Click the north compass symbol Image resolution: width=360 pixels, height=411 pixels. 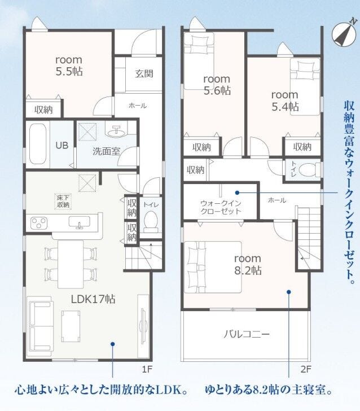(x=344, y=33)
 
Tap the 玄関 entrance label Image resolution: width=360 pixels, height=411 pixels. (x=144, y=73)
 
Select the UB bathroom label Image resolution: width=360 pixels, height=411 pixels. (x=62, y=145)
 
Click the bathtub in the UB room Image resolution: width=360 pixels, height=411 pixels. (x=38, y=143)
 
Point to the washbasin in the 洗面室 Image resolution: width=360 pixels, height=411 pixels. (x=116, y=131)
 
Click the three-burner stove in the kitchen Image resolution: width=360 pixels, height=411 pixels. (x=39, y=224)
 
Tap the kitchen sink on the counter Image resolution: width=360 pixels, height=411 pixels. (x=79, y=222)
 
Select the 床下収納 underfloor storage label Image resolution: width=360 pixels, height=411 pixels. (x=63, y=201)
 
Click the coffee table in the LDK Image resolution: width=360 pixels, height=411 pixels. (x=71, y=326)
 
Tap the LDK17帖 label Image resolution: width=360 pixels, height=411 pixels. (x=93, y=299)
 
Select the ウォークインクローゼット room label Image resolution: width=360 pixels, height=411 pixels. (x=221, y=207)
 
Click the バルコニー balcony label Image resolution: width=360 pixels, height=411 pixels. (x=247, y=334)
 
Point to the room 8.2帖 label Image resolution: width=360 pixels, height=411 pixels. (x=248, y=264)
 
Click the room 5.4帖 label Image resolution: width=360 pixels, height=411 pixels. (x=285, y=100)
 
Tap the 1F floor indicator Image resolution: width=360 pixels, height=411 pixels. (x=147, y=369)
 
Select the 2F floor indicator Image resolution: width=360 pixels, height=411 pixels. (x=306, y=369)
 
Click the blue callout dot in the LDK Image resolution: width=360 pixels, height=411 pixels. (x=113, y=344)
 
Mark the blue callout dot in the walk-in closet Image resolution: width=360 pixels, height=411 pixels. (x=237, y=193)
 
